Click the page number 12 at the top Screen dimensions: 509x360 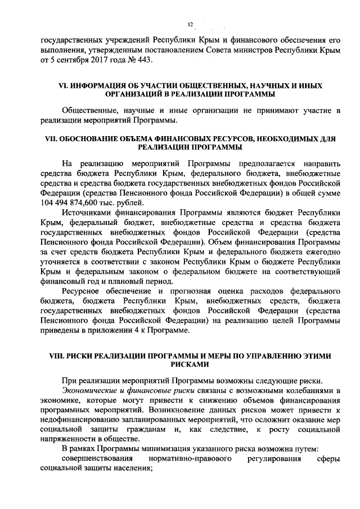click(190, 24)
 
